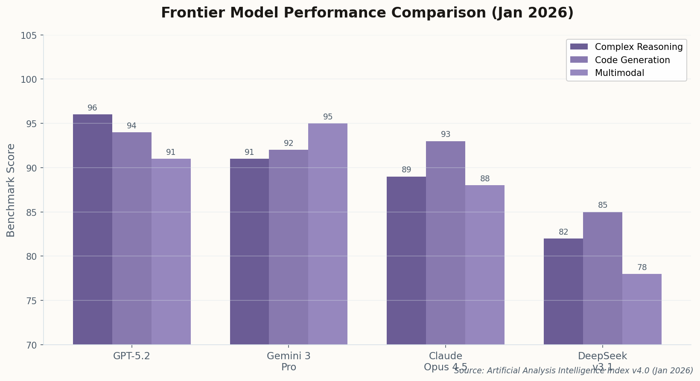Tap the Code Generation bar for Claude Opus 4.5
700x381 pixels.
coord(446,243)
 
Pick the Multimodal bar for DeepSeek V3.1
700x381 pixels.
coord(642,309)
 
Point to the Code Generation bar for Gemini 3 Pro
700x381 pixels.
coord(289,247)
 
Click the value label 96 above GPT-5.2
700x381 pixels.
coord(93,108)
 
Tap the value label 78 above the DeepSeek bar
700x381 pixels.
coord(642,268)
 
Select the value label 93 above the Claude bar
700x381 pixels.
coord(446,134)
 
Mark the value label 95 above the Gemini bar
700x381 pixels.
coord(328,117)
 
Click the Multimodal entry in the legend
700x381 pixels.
coord(619,73)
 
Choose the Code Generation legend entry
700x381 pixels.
coord(632,60)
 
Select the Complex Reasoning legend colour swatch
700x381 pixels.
coord(579,47)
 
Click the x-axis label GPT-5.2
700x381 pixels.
coord(131,356)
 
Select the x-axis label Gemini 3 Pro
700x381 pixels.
coord(289,361)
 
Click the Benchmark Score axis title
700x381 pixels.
coord(11,190)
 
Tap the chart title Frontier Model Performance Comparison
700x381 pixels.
coord(367,13)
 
